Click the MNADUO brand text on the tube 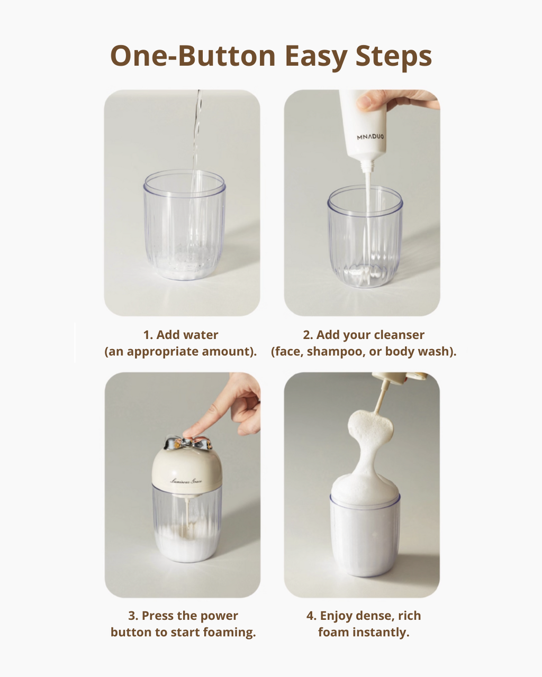pyautogui.click(x=371, y=137)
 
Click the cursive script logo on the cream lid pyautogui.click(x=186, y=480)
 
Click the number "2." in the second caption pyautogui.click(x=308, y=335)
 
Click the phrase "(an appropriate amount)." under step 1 pyautogui.click(x=180, y=352)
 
